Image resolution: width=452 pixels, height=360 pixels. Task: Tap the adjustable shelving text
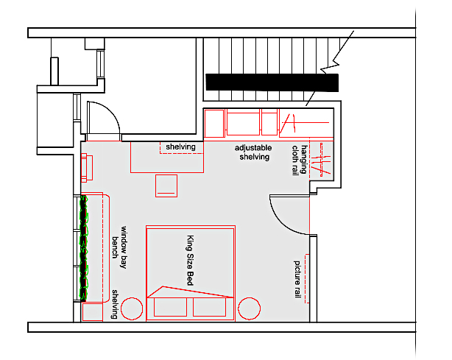coord(253,152)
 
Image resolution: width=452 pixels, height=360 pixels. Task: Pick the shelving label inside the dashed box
coord(180,147)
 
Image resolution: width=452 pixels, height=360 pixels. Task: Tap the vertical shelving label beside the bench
coord(116,304)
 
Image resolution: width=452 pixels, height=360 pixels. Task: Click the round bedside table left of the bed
coord(133,308)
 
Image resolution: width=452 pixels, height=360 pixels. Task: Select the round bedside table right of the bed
coord(248,308)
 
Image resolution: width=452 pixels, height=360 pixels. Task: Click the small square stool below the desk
coord(167,185)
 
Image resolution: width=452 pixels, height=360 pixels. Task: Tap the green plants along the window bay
coord(84,248)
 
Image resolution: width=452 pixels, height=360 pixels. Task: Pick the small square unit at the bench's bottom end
coord(92,312)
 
